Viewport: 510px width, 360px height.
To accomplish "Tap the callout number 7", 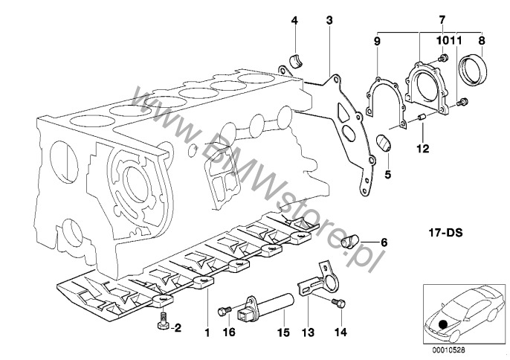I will (x=442, y=18).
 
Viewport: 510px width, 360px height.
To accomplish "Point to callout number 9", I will (x=377, y=42).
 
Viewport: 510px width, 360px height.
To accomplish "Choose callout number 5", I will (x=387, y=176).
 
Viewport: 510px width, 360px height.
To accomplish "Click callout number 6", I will (x=384, y=242).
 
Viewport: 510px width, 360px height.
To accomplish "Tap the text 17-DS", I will (x=446, y=233).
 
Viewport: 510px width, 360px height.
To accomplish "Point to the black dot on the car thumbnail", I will (x=444, y=323).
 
